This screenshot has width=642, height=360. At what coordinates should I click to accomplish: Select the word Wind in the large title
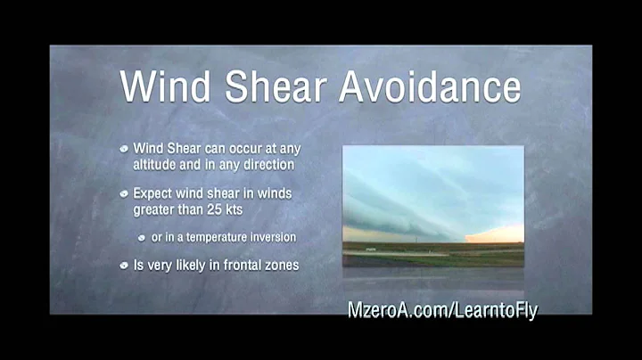[x=163, y=87]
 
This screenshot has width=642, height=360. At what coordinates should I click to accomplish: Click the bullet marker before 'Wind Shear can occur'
[x=125, y=148]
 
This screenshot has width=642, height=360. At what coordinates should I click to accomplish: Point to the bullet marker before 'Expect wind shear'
[x=125, y=192]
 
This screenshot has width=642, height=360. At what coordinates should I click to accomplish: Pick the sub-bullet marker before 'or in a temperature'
[x=143, y=238]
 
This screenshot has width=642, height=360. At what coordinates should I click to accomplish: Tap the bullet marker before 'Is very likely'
[x=125, y=265]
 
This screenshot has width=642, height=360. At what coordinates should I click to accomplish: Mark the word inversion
[x=272, y=238]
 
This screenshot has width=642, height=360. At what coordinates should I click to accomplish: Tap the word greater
[x=155, y=209]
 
